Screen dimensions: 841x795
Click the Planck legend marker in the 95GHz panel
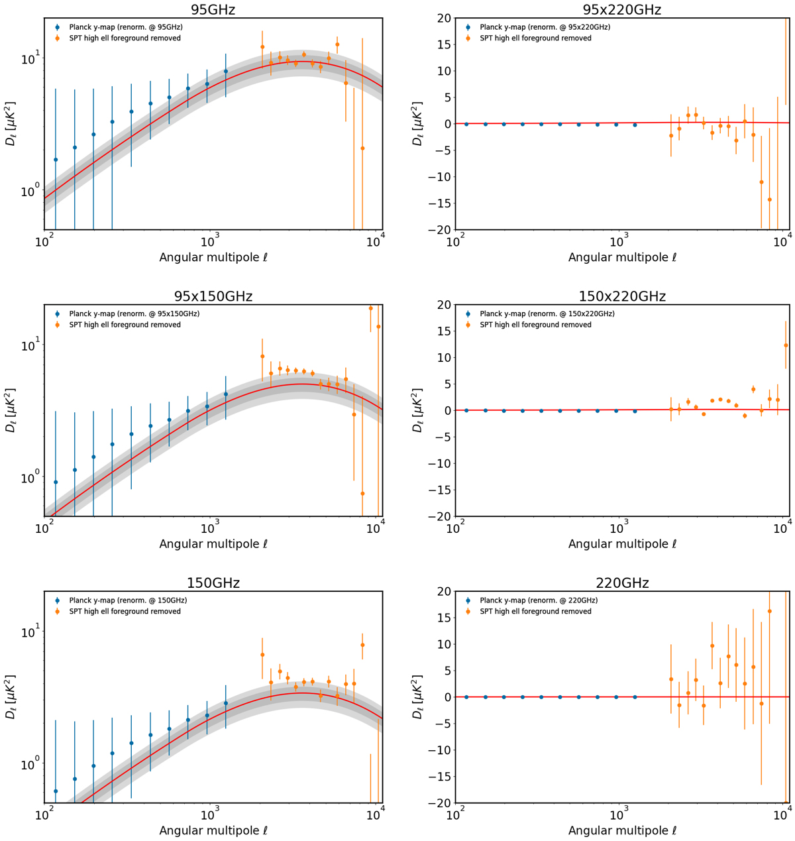58,27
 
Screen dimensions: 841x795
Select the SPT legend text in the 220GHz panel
535,612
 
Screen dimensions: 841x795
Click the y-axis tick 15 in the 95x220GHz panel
441,44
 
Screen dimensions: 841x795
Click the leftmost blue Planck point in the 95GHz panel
56,160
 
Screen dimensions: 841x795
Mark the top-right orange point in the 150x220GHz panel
786,345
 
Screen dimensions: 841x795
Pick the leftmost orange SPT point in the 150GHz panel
262,655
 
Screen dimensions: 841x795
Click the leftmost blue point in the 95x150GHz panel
56,482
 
